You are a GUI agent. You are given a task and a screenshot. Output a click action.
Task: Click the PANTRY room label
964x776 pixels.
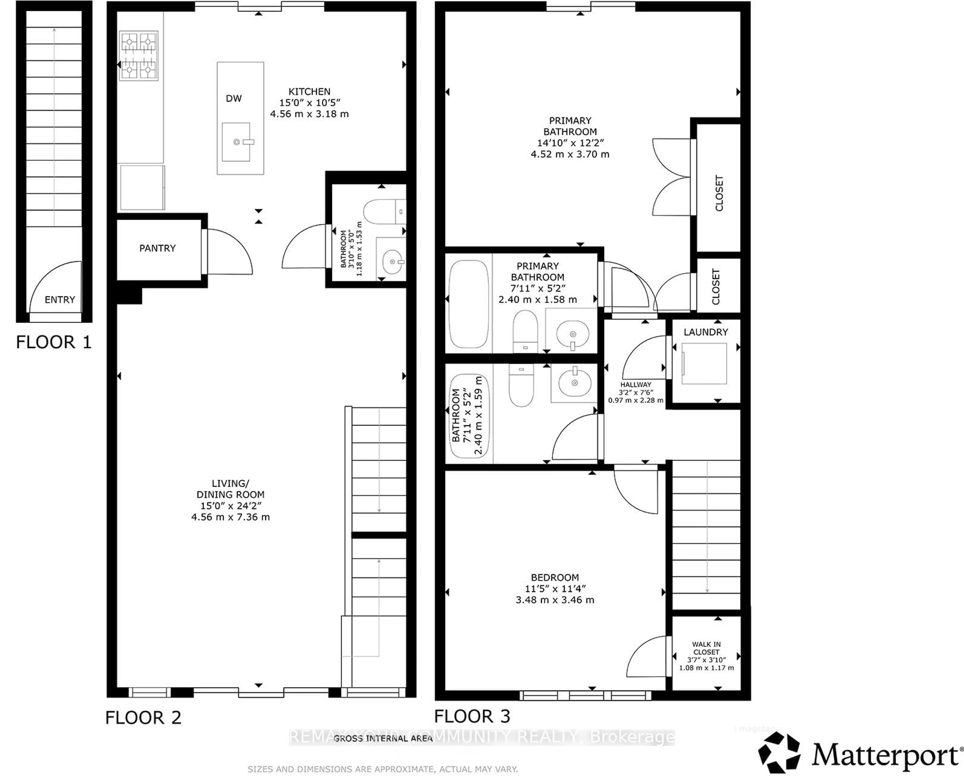coord(157,248)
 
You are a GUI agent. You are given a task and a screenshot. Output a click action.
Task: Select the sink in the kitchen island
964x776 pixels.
coord(236,142)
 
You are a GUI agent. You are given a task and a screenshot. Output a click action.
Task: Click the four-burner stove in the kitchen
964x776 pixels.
coord(139,56)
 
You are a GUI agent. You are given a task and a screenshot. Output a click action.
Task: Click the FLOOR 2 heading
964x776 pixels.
coord(143,718)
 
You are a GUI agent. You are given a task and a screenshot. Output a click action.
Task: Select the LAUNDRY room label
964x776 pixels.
coord(706,332)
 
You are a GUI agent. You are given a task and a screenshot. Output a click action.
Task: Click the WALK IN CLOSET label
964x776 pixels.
coord(706,648)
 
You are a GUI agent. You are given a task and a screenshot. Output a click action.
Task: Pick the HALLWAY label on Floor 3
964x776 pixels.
coord(635,384)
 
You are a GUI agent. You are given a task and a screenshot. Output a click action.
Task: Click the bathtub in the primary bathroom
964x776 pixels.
coord(468,304)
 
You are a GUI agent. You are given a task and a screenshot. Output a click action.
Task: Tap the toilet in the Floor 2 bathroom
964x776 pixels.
coord(384,212)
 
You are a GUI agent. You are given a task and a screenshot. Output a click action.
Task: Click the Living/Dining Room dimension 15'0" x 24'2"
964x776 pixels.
coord(230,506)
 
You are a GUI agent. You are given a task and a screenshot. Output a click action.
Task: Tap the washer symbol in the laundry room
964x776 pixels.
coord(704,363)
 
